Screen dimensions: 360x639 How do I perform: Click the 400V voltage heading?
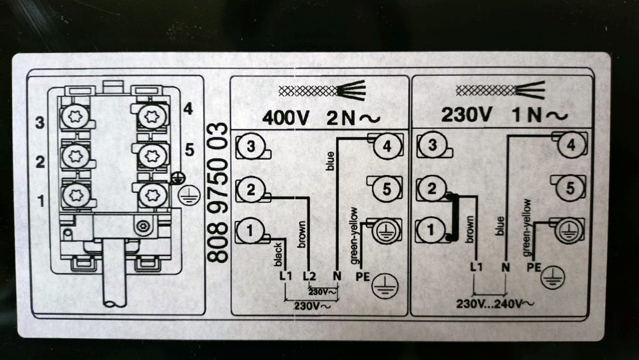[x=287, y=117]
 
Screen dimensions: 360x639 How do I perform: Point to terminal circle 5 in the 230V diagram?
[x=568, y=188]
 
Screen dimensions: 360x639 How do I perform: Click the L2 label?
[x=309, y=275]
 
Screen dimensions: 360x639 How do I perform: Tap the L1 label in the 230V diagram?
[x=475, y=267]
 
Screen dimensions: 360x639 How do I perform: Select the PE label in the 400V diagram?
[x=362, y=275]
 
